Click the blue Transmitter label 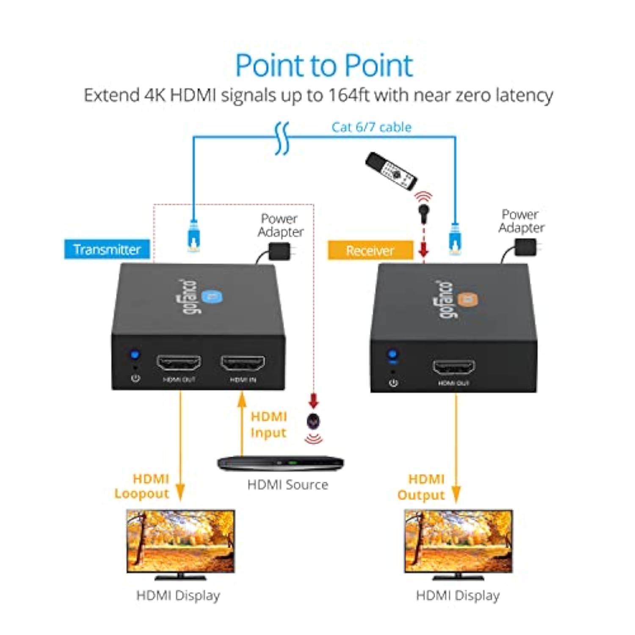coord(107,249)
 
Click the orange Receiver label coord(370,251)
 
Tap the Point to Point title coord(324,66)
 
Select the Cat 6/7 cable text coord(371,127)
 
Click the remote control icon coord(392,171)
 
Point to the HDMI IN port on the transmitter coord(243,363)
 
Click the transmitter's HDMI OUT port coord(179,363)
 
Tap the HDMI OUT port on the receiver coord(453,367)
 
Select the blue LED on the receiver coord(392,354)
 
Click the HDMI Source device coord(280,463)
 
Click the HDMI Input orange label coord(268,425)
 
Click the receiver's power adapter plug coord(526,247)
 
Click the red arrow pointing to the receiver coord(423,250)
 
